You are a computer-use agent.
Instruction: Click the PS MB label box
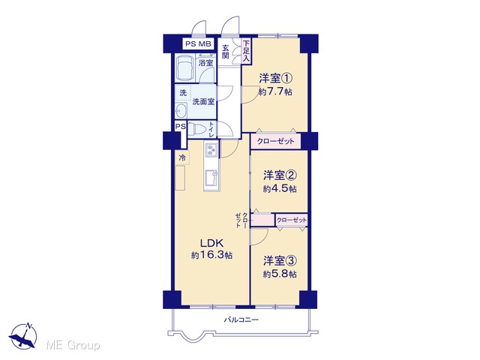198,43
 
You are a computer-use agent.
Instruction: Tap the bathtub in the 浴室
185,68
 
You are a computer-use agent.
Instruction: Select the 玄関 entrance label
226,52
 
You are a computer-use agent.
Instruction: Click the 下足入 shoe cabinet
247,52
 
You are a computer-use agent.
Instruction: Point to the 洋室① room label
275,78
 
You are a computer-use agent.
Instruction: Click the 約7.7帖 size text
275,91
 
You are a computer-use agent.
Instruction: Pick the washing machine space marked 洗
183,93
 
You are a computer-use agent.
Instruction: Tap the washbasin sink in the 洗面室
181,110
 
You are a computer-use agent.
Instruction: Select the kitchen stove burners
211,150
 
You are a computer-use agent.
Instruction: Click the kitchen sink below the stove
211,178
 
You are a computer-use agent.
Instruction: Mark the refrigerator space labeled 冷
182,158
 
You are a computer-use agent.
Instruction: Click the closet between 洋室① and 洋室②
275,142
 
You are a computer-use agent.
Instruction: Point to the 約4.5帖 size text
280,188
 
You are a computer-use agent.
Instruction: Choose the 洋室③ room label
280,261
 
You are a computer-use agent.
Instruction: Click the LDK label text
211,243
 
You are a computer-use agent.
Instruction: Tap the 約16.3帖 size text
211,255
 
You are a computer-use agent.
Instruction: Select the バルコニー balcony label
241,320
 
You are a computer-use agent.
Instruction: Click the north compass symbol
23,335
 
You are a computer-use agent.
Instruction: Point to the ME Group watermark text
73,345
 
